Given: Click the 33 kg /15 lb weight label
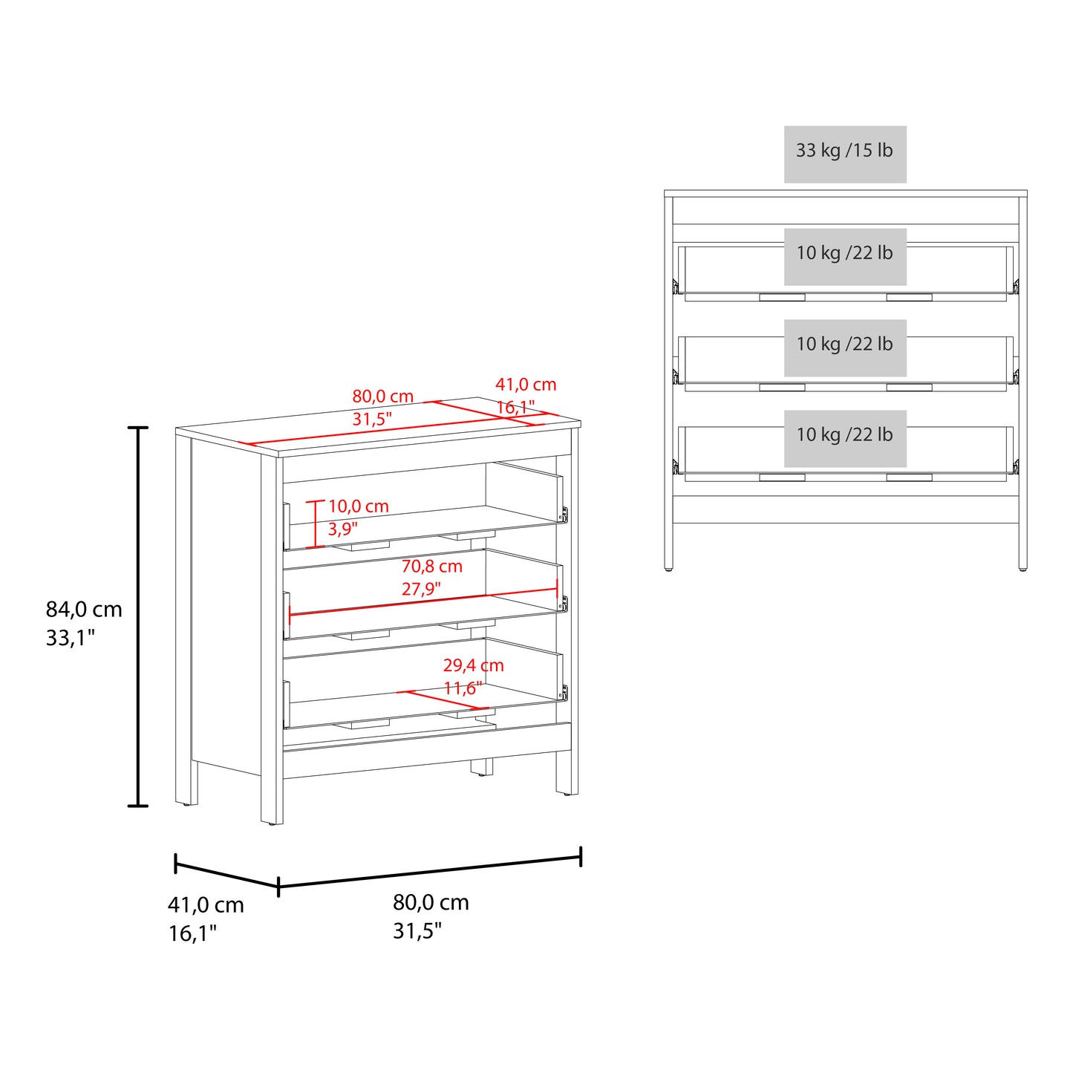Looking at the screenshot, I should pos(844,151).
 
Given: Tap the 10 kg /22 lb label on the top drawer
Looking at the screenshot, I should pos(844,253).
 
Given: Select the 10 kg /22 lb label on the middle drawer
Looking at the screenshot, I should pos(844,345).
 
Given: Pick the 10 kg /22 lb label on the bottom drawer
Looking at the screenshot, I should pos(844,435).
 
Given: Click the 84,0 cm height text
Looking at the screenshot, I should pos(84,610).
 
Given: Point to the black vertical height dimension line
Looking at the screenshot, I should pos(138,616).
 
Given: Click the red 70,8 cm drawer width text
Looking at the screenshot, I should pos(431,567).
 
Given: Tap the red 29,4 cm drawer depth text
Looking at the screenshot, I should pos(473,665).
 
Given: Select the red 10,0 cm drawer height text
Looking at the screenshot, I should pos(358,506).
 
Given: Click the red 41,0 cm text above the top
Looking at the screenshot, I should pos(526,385).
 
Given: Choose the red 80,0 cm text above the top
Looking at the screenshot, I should pos(382,397).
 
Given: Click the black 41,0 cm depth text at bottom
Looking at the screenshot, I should pos(206,905).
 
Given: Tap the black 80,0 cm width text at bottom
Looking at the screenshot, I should pos(431,902).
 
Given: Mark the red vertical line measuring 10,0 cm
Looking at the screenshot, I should pos(316,524).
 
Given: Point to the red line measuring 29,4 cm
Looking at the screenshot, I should pos(445,700).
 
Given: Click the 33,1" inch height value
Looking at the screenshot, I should pos(71,638).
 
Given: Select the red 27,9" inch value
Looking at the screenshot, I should pos(421,590).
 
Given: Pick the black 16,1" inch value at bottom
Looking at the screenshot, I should pos(192,933).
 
